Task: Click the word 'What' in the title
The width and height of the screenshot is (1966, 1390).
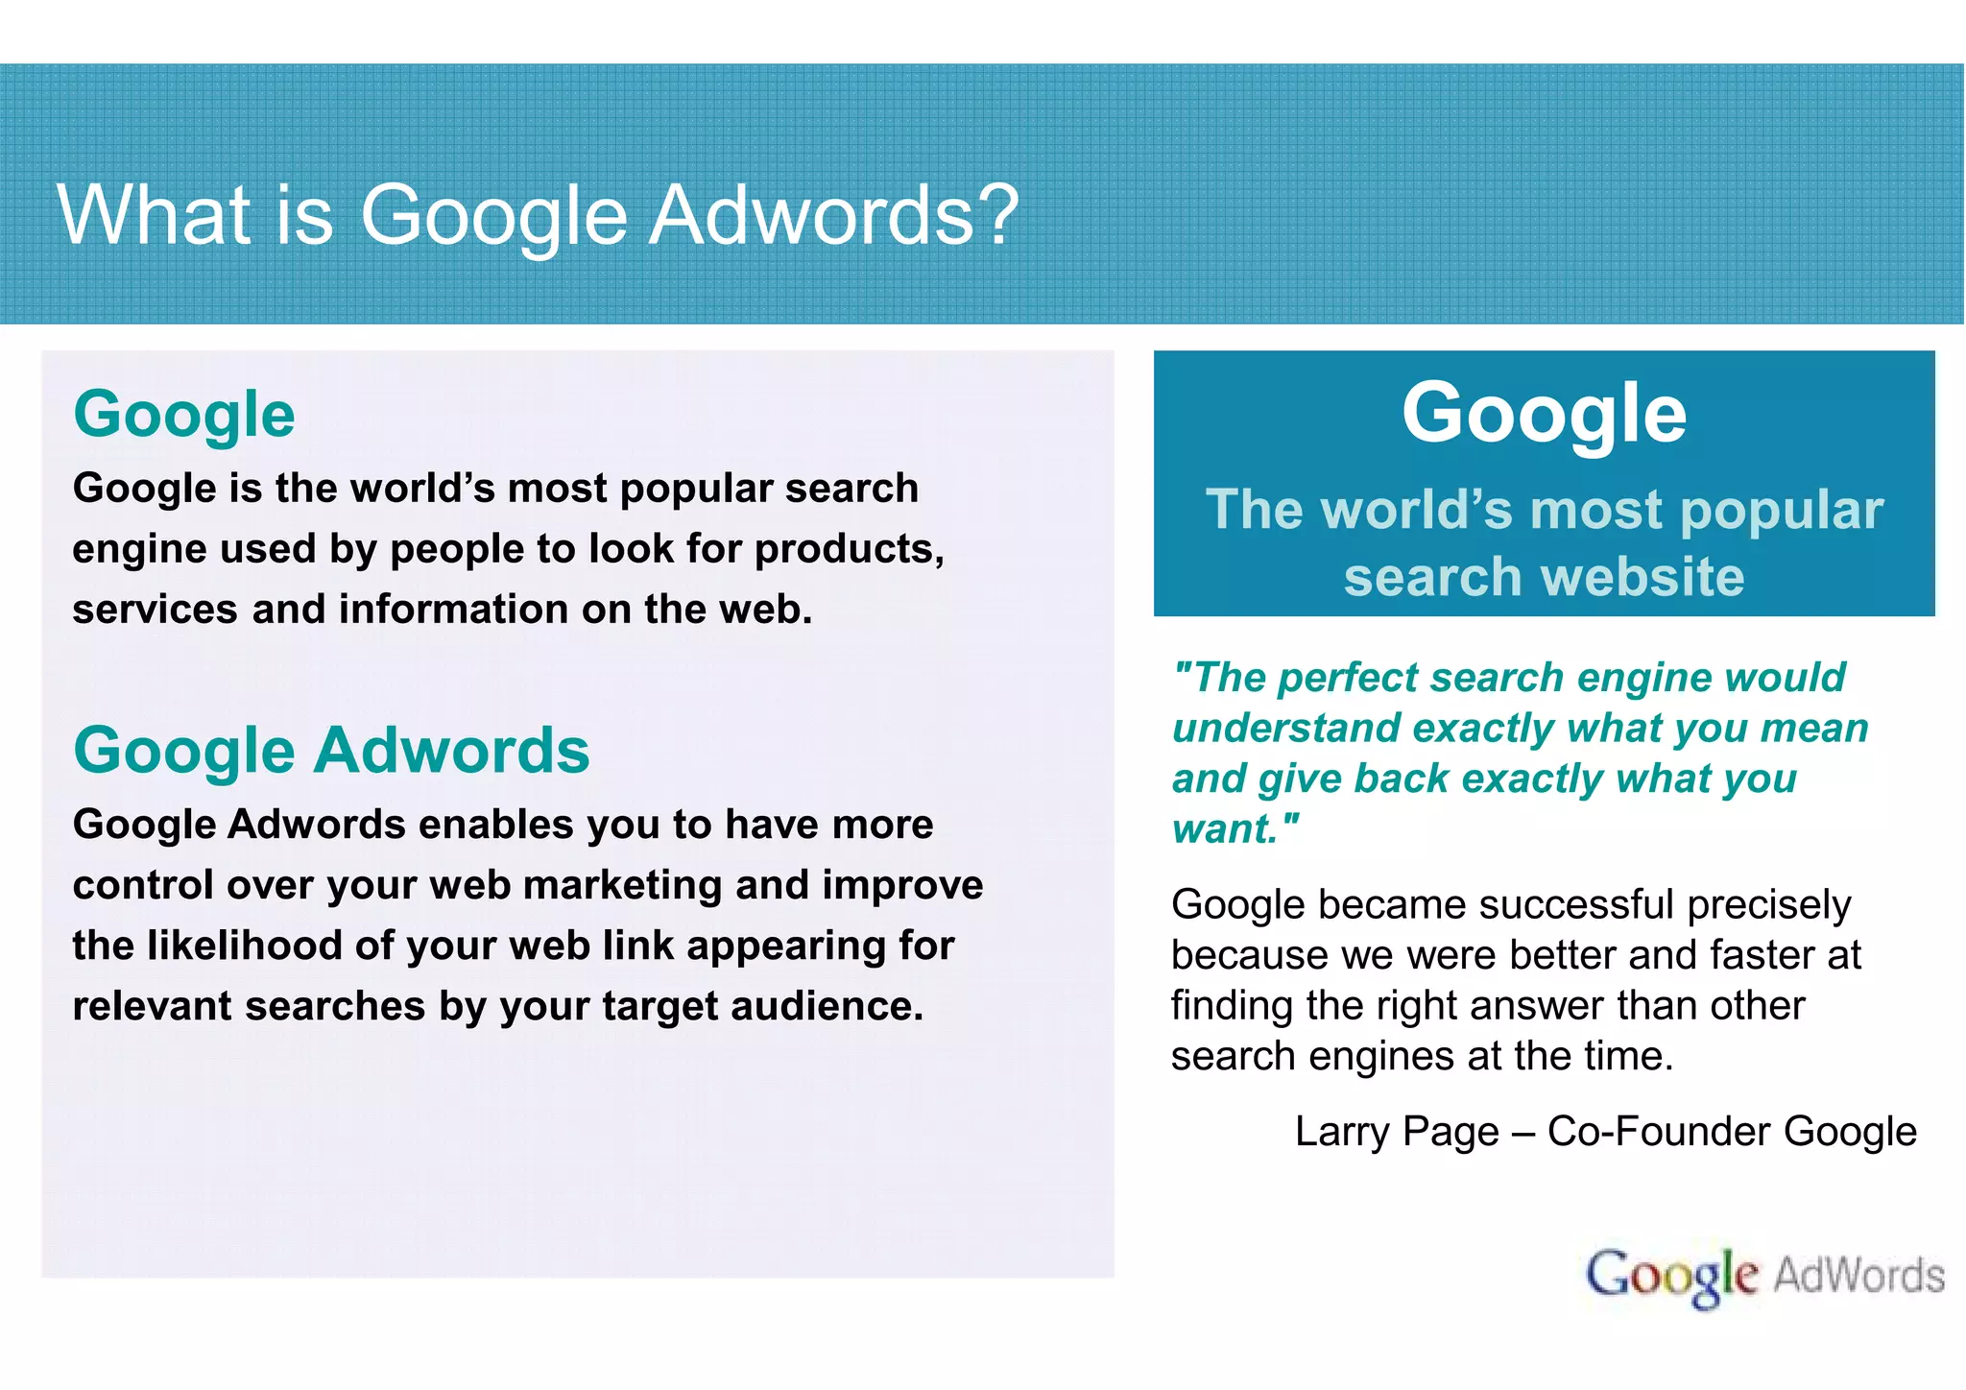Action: click(154, 215)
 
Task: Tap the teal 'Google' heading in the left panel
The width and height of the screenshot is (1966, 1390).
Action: click(184, 415)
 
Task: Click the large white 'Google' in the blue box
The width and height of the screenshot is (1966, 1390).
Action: click(1544, 413)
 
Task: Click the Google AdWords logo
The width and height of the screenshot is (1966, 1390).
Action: click(1764, 1276)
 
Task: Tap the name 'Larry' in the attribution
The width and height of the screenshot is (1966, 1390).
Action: click(1342, 1132)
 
